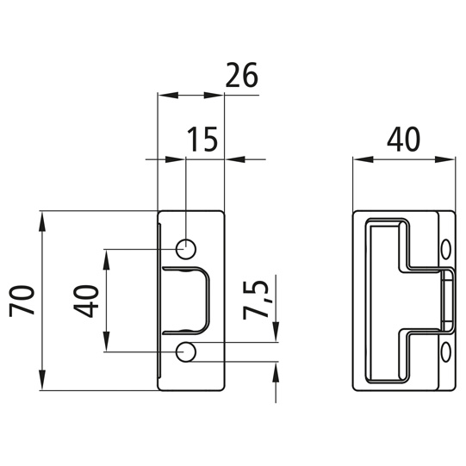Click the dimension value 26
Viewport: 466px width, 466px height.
pos(241,77)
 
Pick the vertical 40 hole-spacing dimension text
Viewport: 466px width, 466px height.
pos(88,301)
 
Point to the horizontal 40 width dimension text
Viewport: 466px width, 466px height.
pos(403,139)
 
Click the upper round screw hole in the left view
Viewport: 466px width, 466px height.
pos(185,249)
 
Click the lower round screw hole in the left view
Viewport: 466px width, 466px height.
pos(185,351)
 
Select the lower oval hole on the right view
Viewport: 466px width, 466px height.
pos(446,352)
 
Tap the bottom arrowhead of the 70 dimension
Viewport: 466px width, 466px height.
pos(41,382)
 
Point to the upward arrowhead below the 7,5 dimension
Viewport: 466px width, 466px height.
pos(275,371)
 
